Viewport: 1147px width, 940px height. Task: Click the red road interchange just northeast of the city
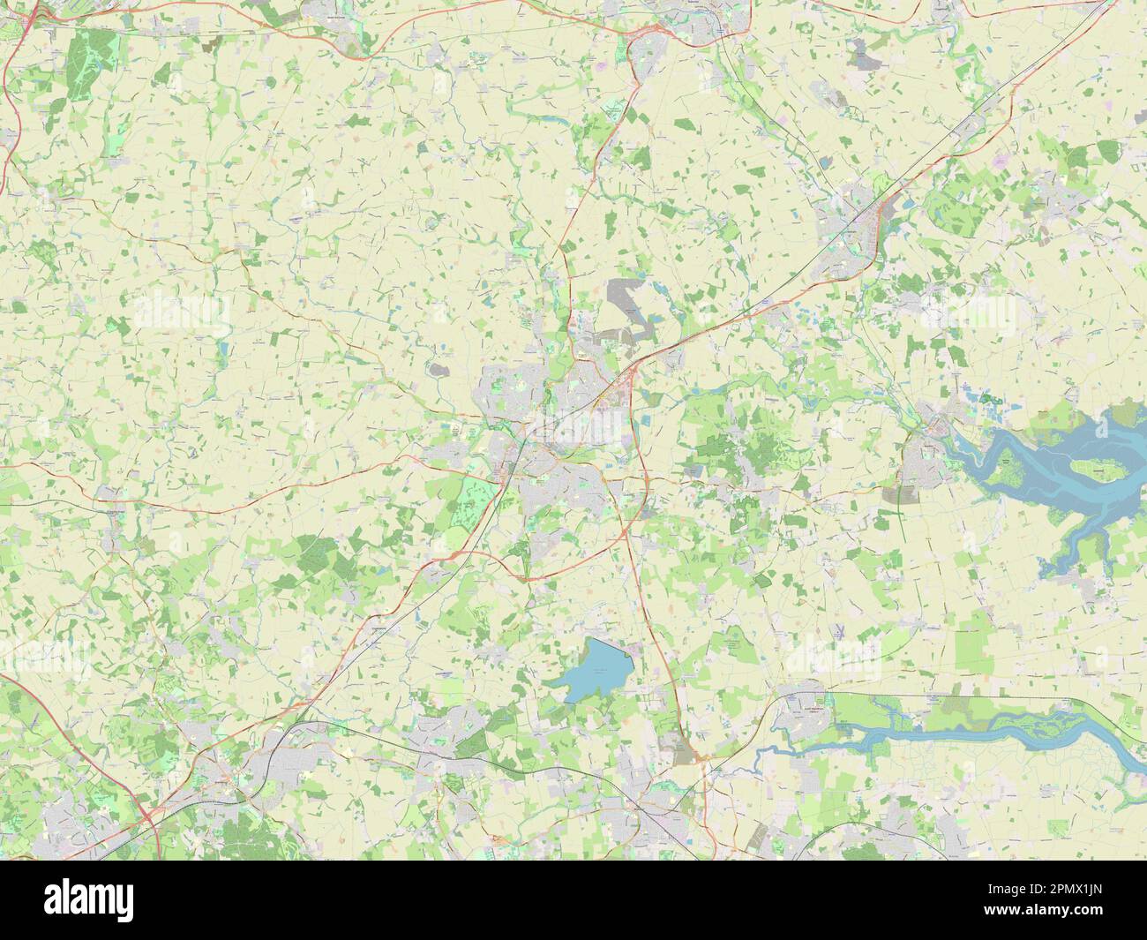pos(628,375)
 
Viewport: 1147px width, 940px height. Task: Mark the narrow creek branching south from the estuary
pos(1072,547)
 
